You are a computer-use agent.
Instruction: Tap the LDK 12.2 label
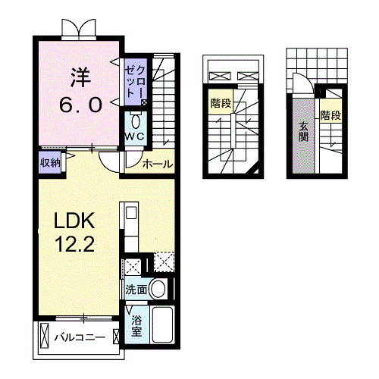(74, 232)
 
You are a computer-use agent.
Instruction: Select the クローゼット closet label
(136, 81)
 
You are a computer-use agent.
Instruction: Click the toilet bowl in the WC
(136, 121)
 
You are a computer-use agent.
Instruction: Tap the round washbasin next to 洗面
(158, 288)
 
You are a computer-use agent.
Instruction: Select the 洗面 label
(136, 289)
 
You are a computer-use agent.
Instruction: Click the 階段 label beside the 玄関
(330, 116)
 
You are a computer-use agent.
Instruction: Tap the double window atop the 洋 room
(79, 28)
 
